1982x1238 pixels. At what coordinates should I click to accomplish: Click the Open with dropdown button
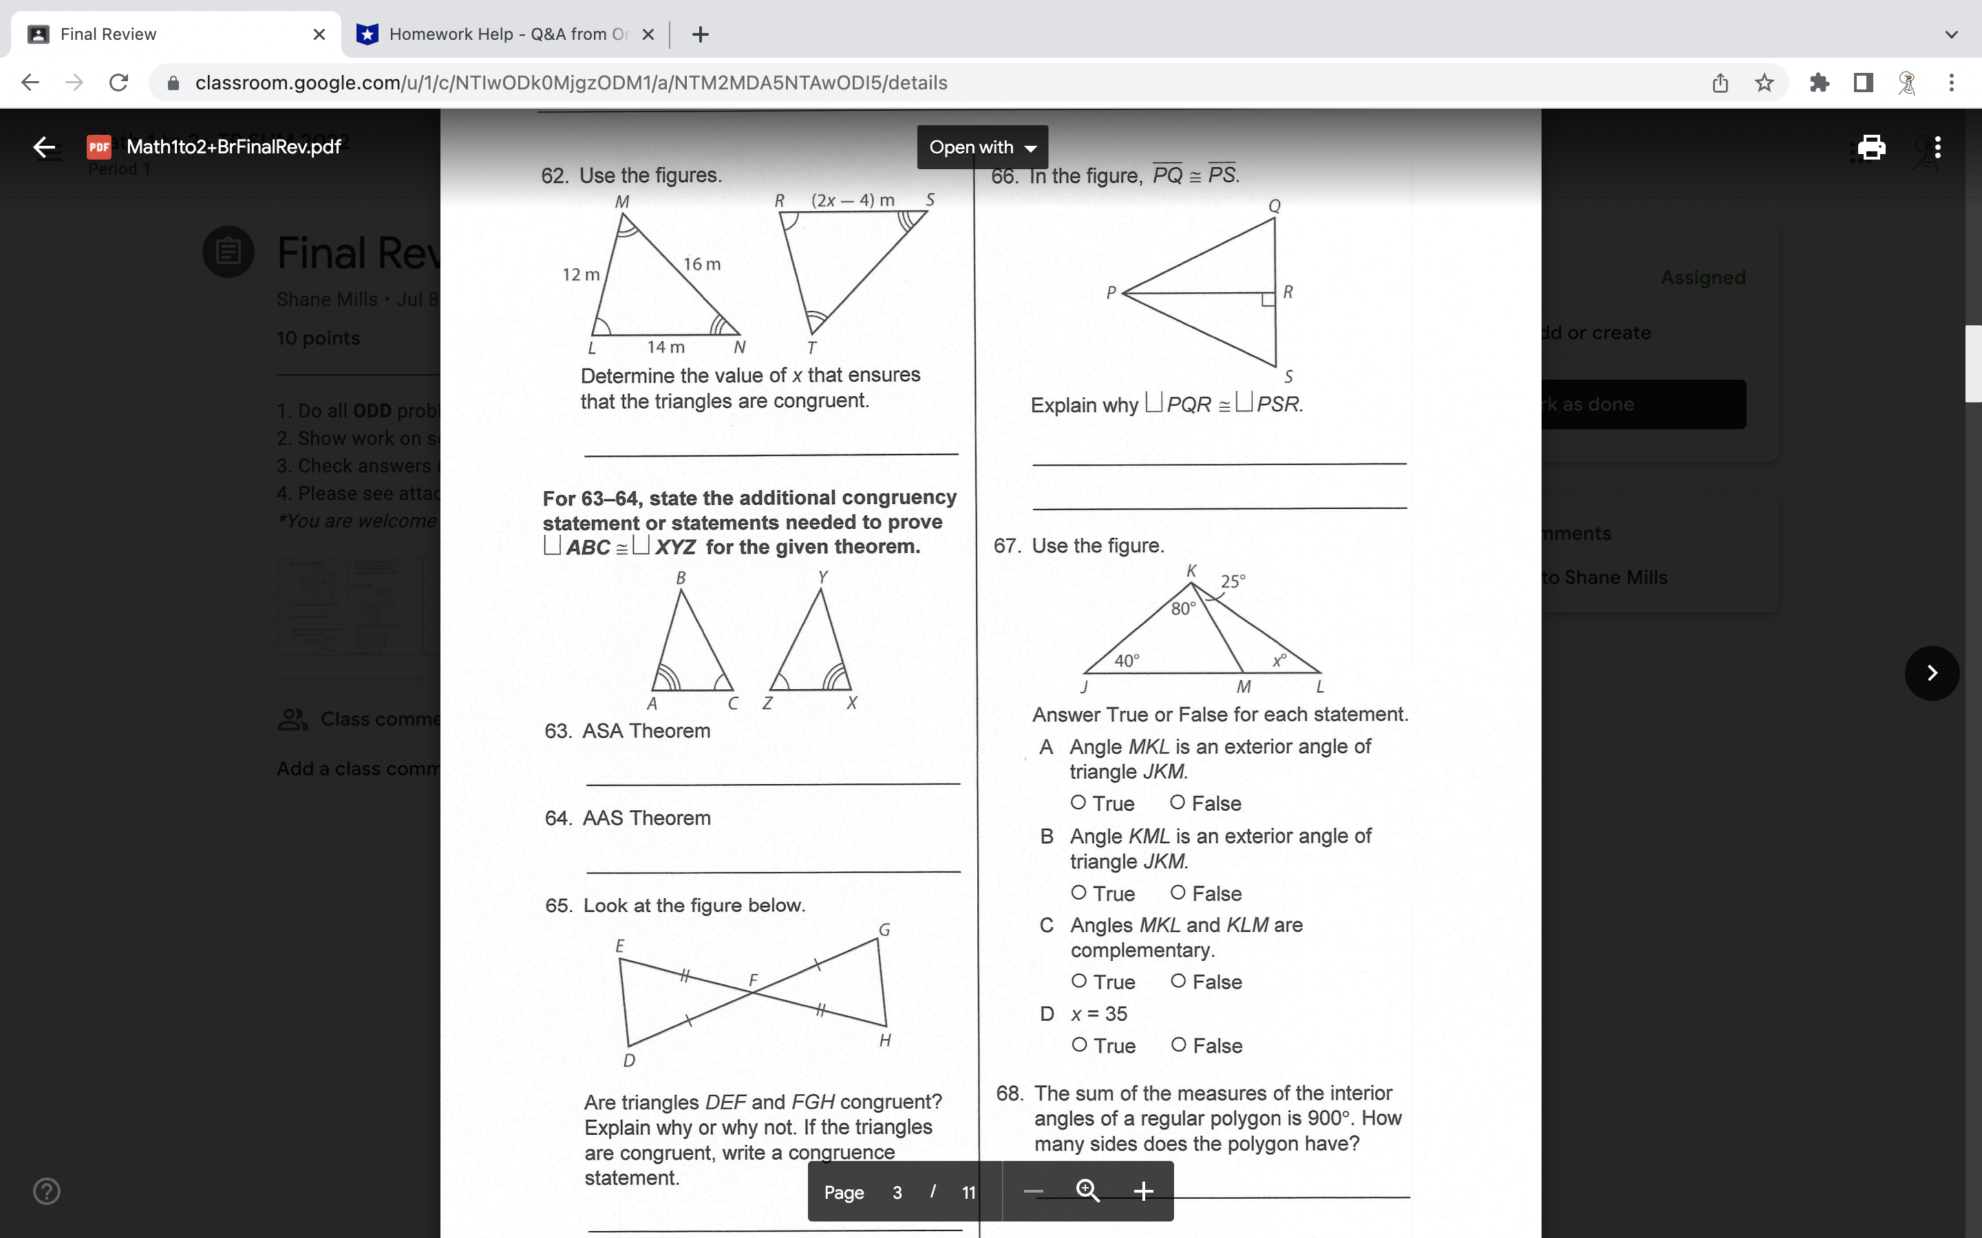pyautogui.click(x=982, y=147)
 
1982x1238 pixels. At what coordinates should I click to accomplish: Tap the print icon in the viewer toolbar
pyautogui.click(x=1871, y=147)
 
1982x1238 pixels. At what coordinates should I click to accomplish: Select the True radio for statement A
pyautogui.click(x=1078, y=803)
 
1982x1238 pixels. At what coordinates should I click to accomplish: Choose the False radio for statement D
pyautogui.click(x=1179, y=1044)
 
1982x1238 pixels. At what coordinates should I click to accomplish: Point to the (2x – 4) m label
pyautogui.click(x=853, y=199)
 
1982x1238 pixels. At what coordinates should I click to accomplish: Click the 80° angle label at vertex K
pyautogui.click(x=1182, y=609)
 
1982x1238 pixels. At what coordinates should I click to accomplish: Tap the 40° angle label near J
pyautogui.click(x=1126, y=660)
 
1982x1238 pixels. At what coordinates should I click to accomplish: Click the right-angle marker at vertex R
pyautogui.click(x=1268, y=300)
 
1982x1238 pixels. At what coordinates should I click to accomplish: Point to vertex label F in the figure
pyautogui.click(x=754, y=980)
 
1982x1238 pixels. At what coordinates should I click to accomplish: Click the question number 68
pyautogui.click(x=1009, y=1093)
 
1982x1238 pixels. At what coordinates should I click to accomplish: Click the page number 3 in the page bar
pyautogui.click(x=897, y=1192)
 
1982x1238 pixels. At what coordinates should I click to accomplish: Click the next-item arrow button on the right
pyautogui.click(x=1931, y=673)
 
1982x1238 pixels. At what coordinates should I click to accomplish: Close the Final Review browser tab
pyautogui.click(x=319, y=34)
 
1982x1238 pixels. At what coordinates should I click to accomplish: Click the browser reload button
pyautogui.click(x=119, y=83)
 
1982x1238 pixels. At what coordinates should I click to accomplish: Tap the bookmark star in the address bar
pyautogui.click(x=1764, y=83)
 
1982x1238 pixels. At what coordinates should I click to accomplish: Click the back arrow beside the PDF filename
pyautogui.click(x=44, y=147)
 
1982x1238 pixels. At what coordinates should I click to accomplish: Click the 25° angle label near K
pyautogui.click(x=1233, y=580)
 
